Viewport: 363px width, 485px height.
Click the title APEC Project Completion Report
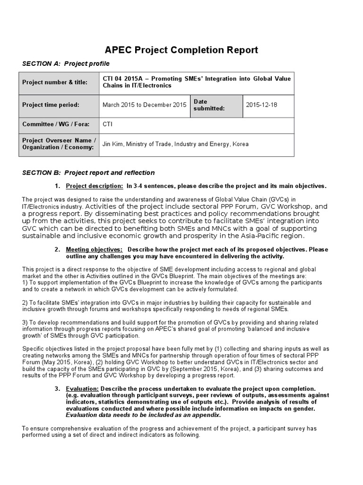181,50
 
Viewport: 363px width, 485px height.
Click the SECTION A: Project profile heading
66,63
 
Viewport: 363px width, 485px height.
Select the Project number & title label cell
55,82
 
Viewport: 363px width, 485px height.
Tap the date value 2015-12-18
261,105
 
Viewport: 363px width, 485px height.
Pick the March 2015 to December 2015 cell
144,105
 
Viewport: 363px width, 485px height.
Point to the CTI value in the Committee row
108,124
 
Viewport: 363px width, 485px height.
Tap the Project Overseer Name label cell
59,144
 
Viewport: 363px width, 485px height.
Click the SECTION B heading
88,172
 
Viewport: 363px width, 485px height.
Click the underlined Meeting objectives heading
94,250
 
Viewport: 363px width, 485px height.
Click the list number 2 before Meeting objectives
57,250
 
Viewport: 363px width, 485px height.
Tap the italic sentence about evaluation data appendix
143,415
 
